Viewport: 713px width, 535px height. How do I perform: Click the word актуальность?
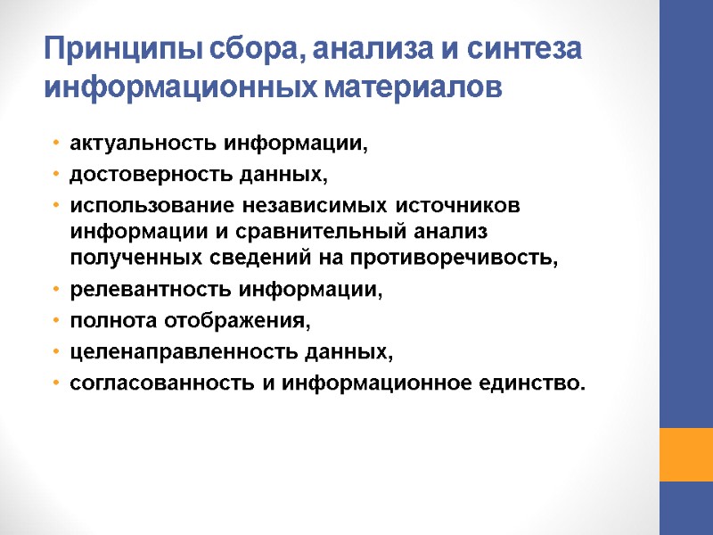144,144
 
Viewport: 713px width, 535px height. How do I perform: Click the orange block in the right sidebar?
685,454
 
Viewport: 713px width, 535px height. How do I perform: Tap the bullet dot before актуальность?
56,144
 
